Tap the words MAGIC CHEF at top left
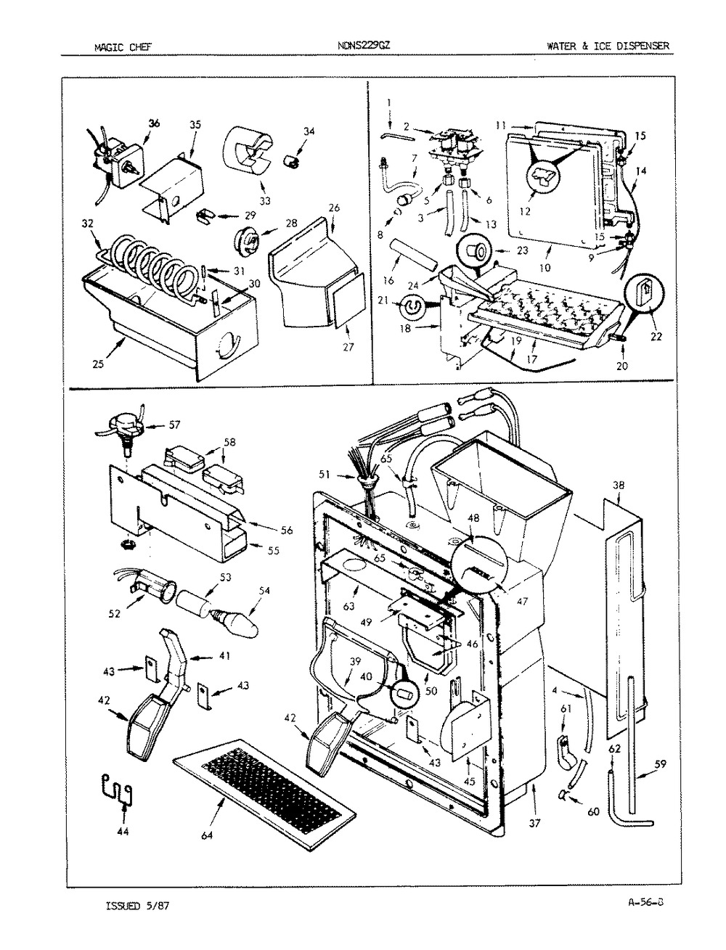coord(117,47)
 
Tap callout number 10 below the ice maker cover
coord(545,267)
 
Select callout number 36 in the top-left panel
coord(153,123)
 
